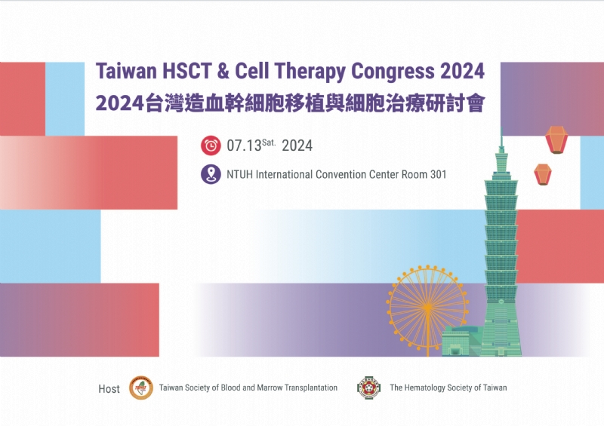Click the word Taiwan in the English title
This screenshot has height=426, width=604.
click(126, 72)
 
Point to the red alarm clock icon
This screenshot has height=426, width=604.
click(211, 146)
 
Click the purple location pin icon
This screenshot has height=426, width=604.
click(211, 174)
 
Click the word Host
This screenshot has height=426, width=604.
click(109, 389)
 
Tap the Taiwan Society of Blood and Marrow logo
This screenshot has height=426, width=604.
click(141, 388)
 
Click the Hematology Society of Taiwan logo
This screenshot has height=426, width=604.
click(368, 388)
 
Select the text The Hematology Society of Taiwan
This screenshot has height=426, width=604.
click(448, 388)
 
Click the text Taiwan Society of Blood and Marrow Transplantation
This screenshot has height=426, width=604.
click(248, 388)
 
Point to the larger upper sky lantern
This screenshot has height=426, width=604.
click(556, 139)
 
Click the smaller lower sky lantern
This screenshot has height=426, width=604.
click(542, 174)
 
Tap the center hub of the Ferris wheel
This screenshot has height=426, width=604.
click(427, 305)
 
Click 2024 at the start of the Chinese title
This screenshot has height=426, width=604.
click(119, 103)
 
